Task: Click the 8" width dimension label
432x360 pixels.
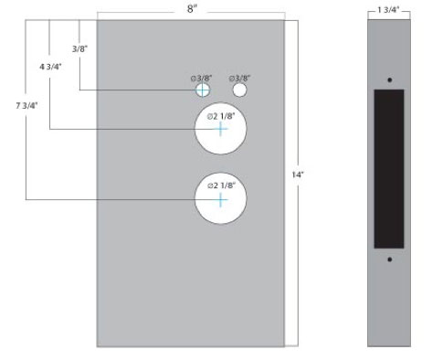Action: click(192, 9)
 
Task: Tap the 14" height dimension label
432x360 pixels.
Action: click(298, 175)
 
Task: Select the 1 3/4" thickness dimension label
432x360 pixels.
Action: click(388, 10)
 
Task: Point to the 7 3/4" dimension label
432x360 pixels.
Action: click(26, 106)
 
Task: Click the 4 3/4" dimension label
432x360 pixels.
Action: click(50, 67)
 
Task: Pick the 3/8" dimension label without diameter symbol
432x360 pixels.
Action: click(79, 48)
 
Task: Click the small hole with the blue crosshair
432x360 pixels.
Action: click(203, 90)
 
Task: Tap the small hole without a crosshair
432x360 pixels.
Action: click(239, 90)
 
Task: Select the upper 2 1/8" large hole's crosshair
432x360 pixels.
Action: click(220, 129)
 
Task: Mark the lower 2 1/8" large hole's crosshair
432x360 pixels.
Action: click(220, 200)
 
